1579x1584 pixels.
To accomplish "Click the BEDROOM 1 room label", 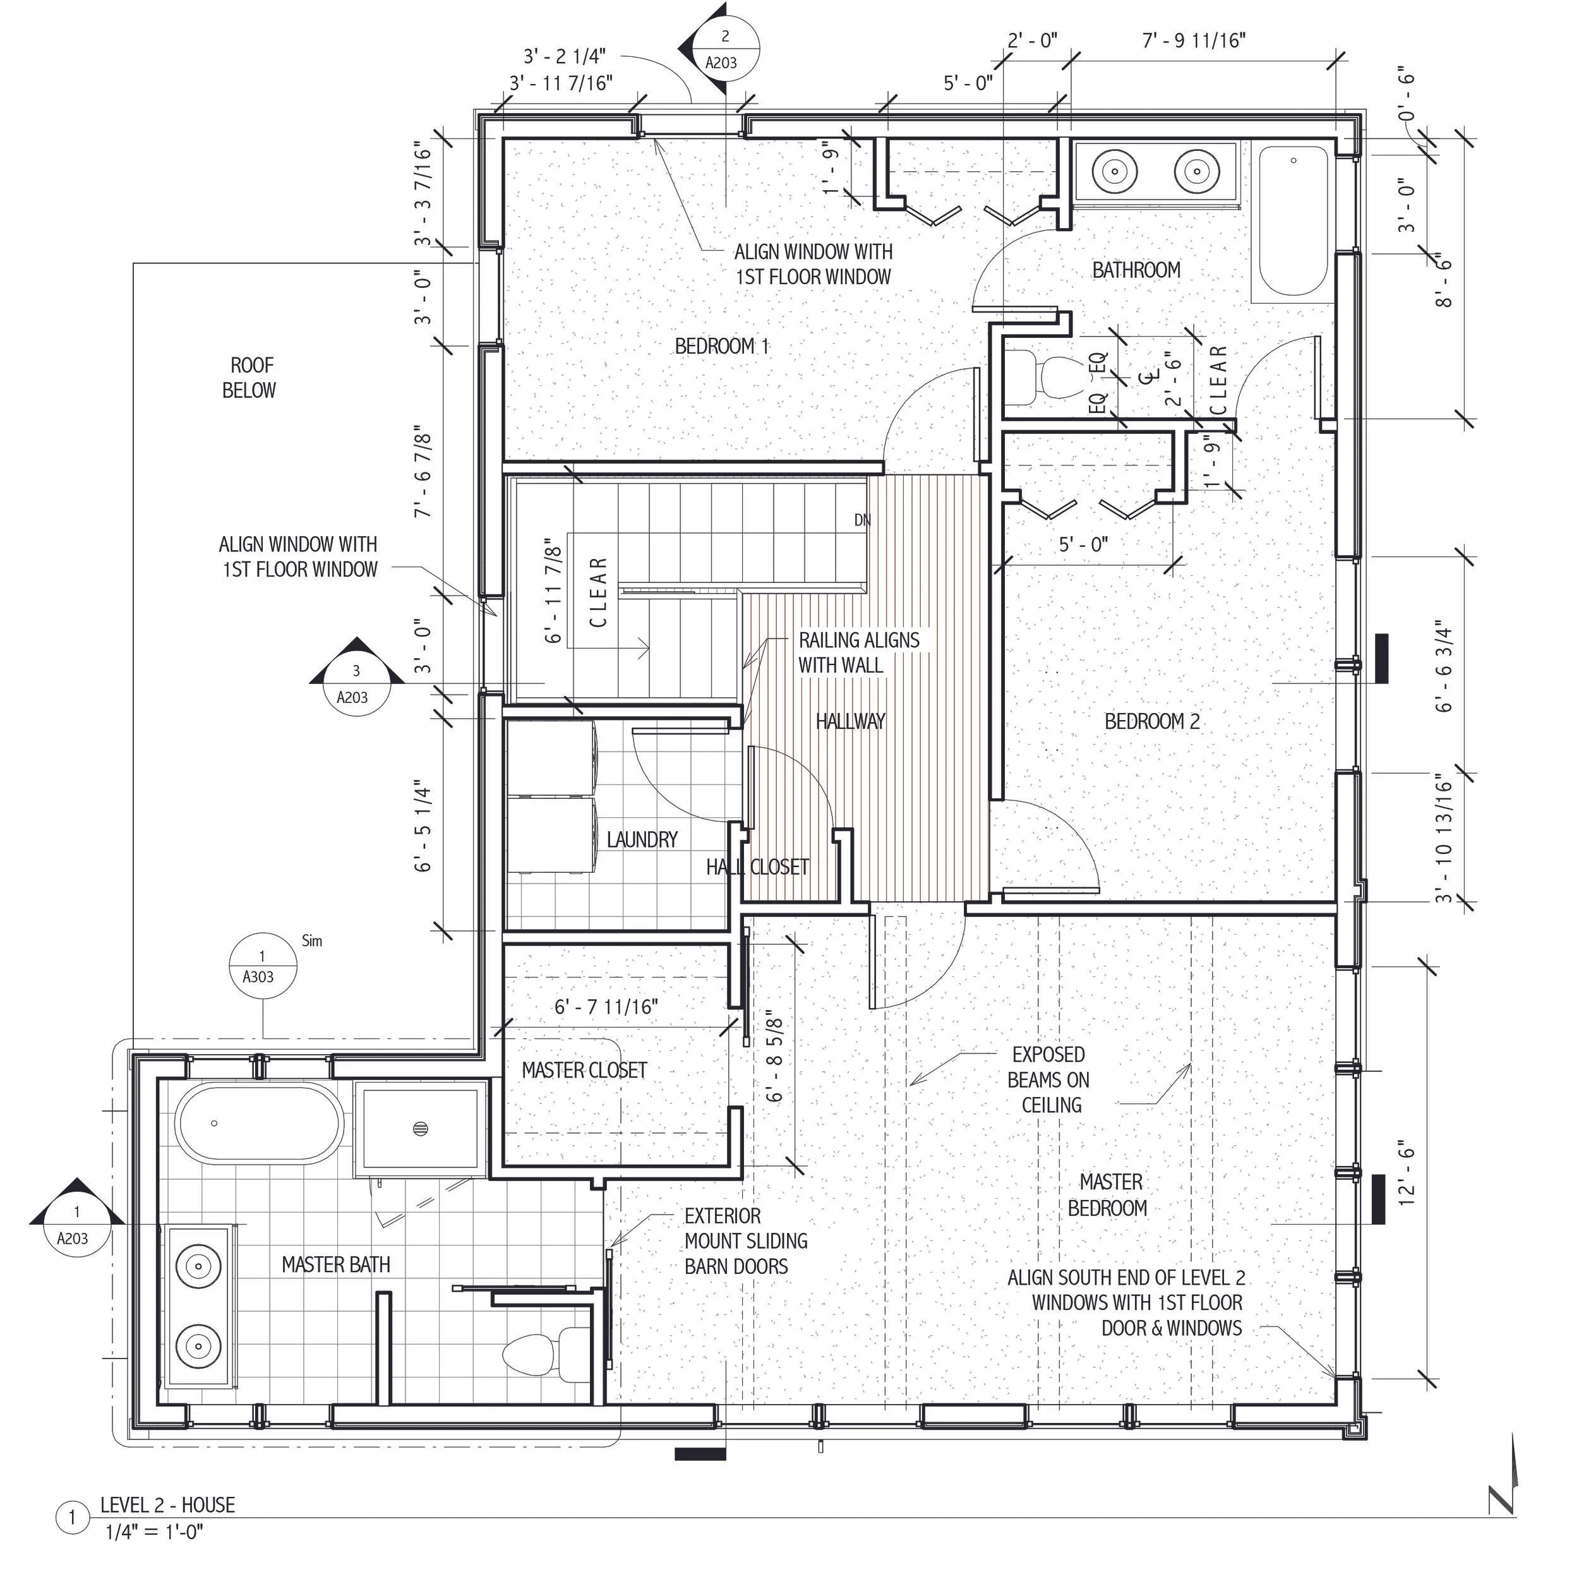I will pos(721,347).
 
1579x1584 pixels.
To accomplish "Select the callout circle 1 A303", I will pos(261,967).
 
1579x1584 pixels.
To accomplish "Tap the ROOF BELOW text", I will pos(250,378).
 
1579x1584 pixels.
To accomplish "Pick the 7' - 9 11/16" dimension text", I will pos(1194,40).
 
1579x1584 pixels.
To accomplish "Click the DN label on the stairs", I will pos(862,520).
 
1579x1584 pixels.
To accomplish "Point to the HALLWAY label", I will pos(850,721).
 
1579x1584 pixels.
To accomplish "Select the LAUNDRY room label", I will pos(642,839).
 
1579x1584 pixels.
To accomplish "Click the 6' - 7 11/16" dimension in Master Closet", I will pos(606,1007).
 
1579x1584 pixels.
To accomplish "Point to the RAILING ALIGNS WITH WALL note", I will pos(858,652).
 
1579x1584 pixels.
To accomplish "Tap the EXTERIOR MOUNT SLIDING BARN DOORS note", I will pos(745,1241).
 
